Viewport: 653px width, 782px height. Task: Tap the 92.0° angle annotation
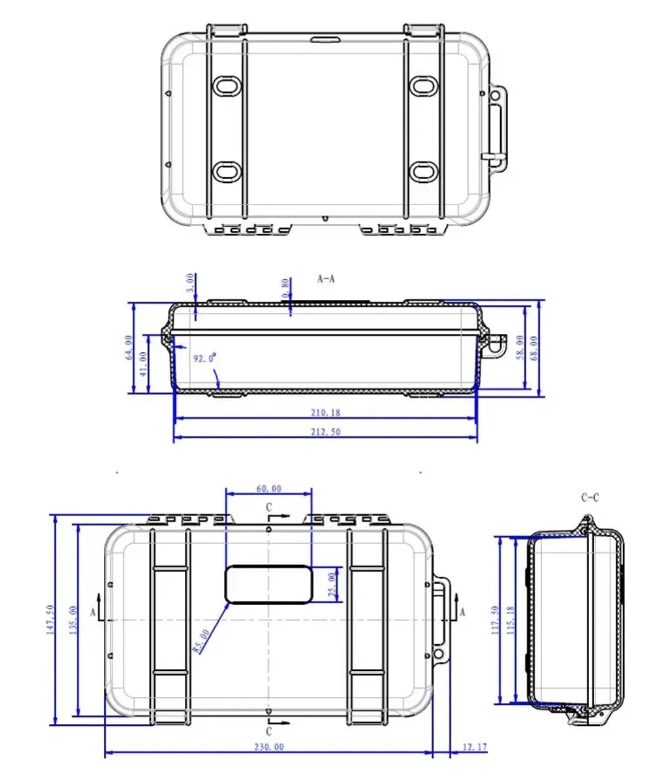pyautogui.click(x=204, y=358)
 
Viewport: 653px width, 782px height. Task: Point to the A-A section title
pyautogui.click(x=326, y=278)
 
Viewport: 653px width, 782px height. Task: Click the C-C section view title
pyautogui.click(x=590, y=498)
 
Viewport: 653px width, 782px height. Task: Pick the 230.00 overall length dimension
pyautogui.click(x=269, y=747)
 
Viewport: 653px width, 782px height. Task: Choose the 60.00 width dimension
pyautogui.click(x=268, y=488)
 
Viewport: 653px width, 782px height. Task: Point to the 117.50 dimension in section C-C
pyautogui.click(x=495, y=621)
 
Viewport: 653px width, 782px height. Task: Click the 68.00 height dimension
pyautogui.click(x=535, y=348)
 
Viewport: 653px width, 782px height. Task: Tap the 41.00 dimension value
pyautogui.click(x=144, y=365)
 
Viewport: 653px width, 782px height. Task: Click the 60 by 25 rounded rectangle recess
pyautogui.click(x=268, y=583)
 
